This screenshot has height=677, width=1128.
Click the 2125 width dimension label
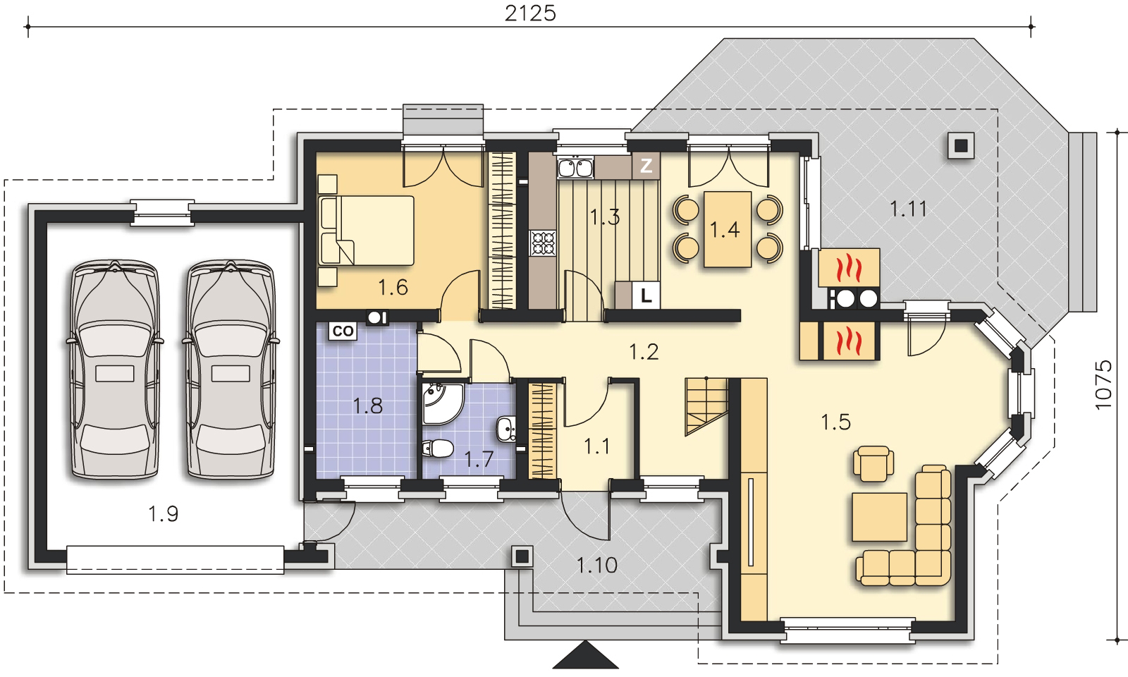pyautogui.click(x=530, y=13)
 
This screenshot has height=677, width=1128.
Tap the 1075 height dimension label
pyautogui.click(x=1103, y=385)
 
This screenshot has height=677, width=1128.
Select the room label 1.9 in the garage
pyautogui.click(x=163, y=514)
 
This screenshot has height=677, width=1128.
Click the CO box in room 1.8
pyautogui.click(x=343, y=331)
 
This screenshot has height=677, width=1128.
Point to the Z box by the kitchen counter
pyautogui.click(x=646, y=165)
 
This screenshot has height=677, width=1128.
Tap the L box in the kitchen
pyautogui.click(x=646, y=295)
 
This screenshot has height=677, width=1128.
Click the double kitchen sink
pyautogui.click(x=575, y=168)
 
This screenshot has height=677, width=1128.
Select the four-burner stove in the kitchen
pyautogui.click(x=543, y=243)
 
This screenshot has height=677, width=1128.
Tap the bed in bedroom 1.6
pyautogui.click(x=367, y=231)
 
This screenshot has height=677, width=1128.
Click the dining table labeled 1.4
pyautogui.click(x=728, y=229)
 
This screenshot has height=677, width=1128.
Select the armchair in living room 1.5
pyautogui.click(x=873, y=463)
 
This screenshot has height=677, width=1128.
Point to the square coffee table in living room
pyautogui.click(x=879, y=517)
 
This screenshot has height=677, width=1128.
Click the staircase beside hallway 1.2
pyautogui.click(x=706, y=406)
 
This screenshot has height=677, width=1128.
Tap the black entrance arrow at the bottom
pyautogui.click(x=585, y=654)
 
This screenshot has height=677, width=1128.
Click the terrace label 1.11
pyautogui.click(x=908, y=209)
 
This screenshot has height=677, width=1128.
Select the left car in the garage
pyautogui.click(x=116, y=370)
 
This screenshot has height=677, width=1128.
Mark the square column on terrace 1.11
pyautogui.click(x=961, y=145)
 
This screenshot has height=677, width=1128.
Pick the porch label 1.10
pyautogui.click(x=596, y=565)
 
